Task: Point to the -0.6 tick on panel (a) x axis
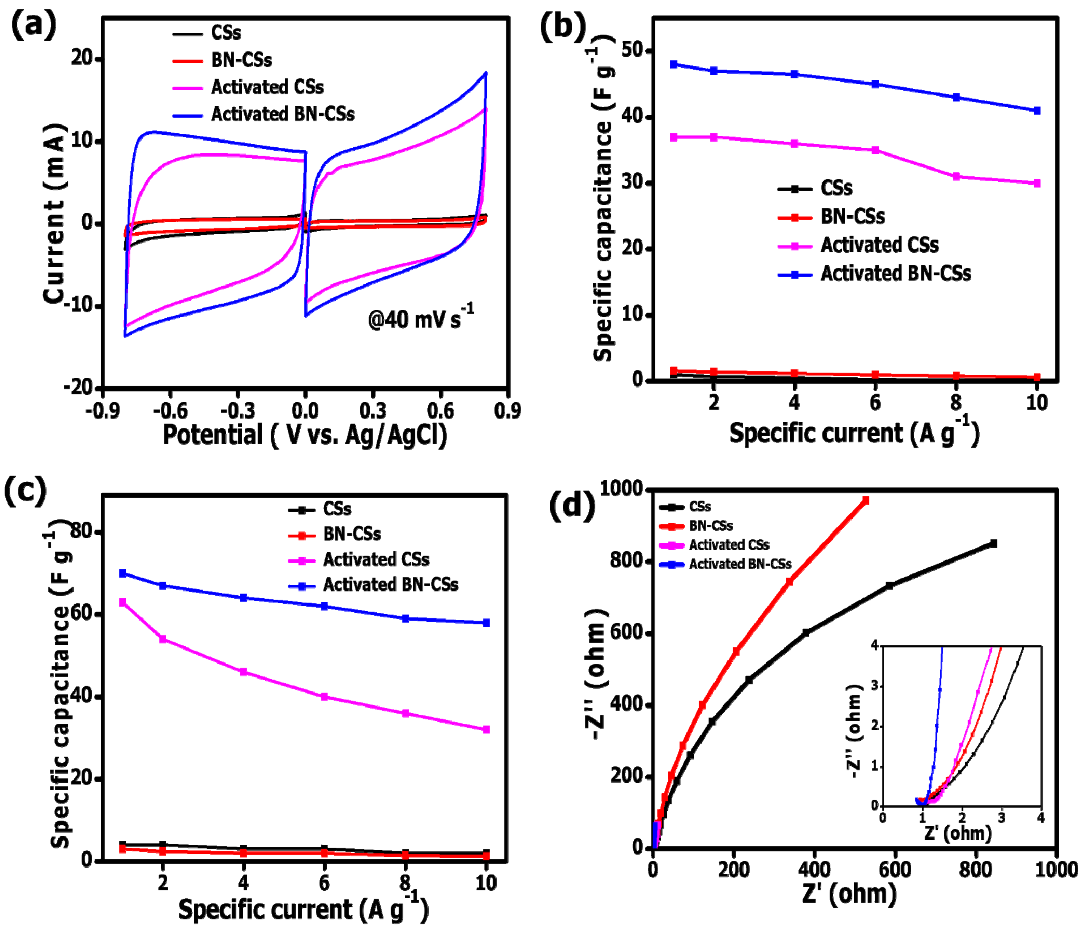coord(170,411)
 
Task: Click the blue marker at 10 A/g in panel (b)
coord(1037,111)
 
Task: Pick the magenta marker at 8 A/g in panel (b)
coord(956,176)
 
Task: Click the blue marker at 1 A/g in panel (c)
coord(122,573)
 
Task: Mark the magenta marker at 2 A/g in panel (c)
coord(163,640)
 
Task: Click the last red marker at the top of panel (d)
coord(866,501)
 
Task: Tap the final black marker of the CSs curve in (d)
coord(993,544)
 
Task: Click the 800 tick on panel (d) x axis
coord(975,870)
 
